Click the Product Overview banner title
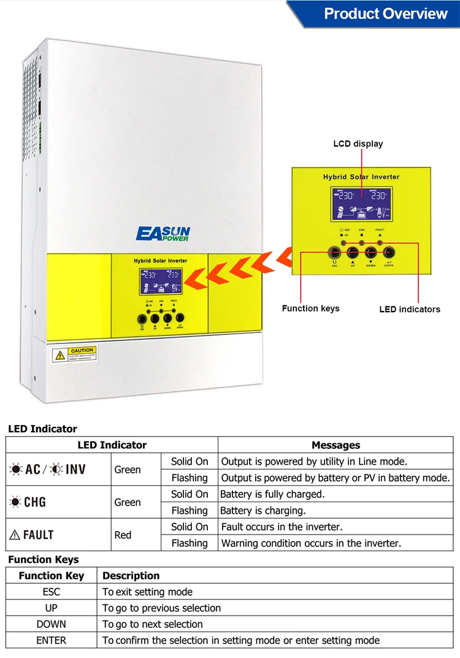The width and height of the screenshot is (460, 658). [x=386, y=13]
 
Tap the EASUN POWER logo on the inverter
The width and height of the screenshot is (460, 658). [x=163, y=234]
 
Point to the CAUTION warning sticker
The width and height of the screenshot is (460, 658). [x=74, y=354]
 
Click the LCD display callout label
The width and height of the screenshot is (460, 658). [x=358, y=143]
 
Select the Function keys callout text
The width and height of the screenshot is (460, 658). [x=310, y=308]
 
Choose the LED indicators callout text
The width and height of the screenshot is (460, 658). [x=410, y=309]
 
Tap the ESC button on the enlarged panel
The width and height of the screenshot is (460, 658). [x=335, y=251]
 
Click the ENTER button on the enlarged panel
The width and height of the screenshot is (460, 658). [x=388, y=251]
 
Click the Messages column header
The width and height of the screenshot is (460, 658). [x=335, y=445]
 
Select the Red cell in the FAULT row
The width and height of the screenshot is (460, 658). [x=123, y=535]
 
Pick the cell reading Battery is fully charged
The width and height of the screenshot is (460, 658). [x=272, y=494]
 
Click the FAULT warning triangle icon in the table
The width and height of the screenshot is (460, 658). [x=15, y=535]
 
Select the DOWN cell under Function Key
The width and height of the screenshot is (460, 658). [x=51, y=624]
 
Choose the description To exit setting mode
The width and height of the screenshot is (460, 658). [x=147, y=592]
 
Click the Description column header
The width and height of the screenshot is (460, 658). [x=131, y=576]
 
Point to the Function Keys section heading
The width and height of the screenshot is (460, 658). [x=44, y=559]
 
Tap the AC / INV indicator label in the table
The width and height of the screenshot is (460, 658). [x=47, y=470]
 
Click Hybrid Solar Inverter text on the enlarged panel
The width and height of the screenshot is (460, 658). [x=361, y=177]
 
